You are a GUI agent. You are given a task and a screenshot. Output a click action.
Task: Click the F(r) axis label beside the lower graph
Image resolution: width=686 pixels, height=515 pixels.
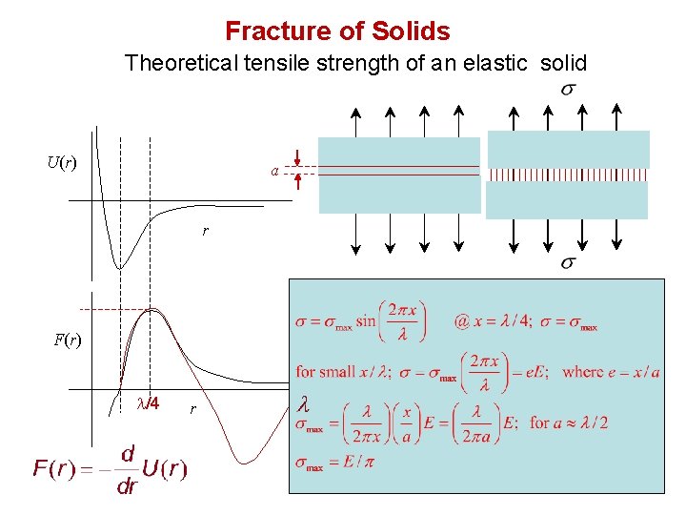(66, 340)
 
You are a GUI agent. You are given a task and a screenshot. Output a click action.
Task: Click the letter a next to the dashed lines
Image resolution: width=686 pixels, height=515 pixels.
(274, 172)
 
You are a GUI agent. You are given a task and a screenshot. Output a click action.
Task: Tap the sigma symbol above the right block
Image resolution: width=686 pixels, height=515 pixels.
(567, 90)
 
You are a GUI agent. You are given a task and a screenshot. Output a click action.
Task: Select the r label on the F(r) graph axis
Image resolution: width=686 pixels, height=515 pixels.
(192, 408)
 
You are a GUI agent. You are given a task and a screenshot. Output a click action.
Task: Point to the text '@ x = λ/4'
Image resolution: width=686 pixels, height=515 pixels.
(487, 322)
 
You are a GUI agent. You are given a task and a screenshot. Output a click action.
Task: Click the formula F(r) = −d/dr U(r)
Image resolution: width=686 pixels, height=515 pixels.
(110, 466)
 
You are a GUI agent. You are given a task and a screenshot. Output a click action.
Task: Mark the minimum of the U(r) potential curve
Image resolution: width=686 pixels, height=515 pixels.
(118, 267)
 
